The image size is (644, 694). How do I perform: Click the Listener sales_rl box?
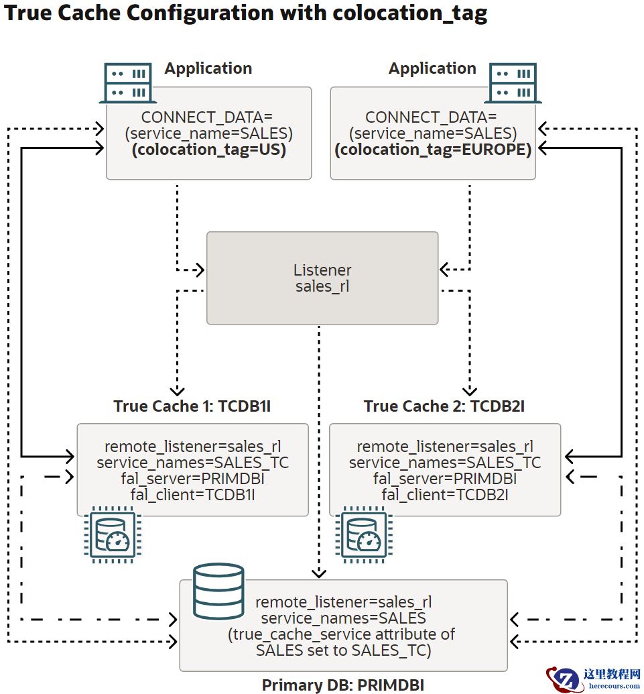point(322,278)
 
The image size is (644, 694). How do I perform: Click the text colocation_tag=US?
point(209,150)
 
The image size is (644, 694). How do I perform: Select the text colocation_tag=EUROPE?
point(433,150)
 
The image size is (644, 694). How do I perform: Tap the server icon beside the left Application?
point(127,83)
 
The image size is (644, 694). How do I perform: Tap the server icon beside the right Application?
point(515,83)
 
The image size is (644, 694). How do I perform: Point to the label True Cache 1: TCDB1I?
point(192,406)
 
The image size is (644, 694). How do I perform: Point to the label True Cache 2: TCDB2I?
point(444,406)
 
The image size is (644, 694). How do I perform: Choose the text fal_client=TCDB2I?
point(445,495)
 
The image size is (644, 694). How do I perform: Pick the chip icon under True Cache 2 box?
point(363,534)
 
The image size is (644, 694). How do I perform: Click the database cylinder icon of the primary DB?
point(218,591)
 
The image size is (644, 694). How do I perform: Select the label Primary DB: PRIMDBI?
point(342,685)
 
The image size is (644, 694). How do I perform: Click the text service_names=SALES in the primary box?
point(343,618)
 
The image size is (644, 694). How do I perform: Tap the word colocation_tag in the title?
point(411,13)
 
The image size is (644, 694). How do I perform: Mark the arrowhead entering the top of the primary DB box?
point(319,573)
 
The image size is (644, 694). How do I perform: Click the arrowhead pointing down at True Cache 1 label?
point(177,390)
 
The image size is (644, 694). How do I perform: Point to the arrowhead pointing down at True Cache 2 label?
point(470,390)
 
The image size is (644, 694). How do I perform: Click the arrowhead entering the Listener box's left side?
point(199,270)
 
